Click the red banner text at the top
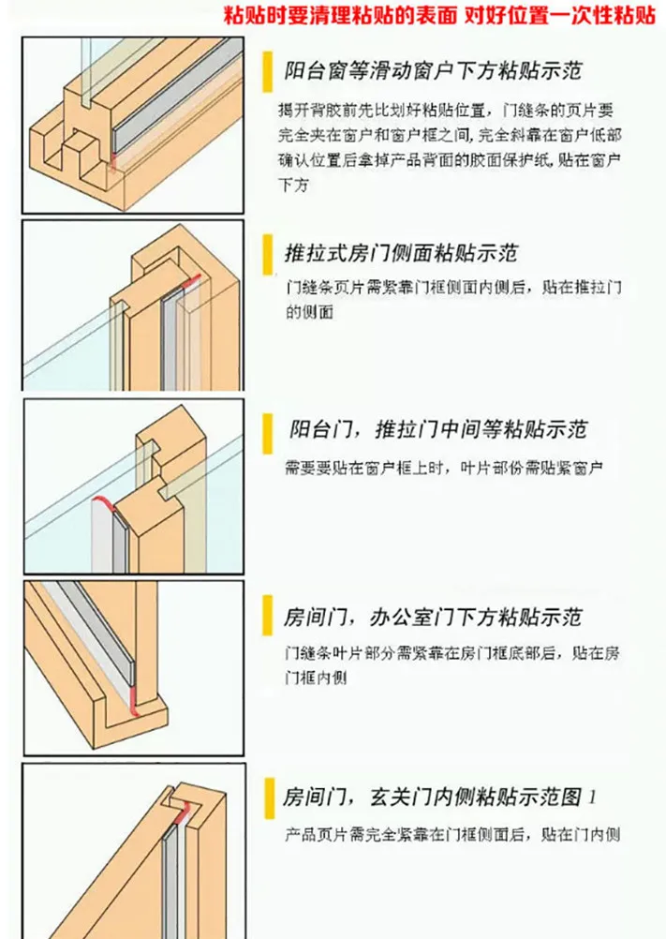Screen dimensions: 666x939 440,14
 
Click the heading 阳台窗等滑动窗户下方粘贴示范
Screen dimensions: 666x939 433,70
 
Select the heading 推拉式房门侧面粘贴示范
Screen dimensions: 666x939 401,253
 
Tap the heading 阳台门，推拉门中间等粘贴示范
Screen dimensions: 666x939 438,429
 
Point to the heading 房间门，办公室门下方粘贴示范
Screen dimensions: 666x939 433,617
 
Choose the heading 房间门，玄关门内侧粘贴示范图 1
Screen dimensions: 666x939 440,797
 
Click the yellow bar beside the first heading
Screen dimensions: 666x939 268,72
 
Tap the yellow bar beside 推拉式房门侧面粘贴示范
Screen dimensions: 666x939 268,255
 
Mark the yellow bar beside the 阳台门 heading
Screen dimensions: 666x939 268,434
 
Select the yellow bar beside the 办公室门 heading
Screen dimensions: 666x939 268,615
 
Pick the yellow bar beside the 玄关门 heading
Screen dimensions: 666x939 270,798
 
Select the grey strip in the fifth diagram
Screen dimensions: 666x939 171,880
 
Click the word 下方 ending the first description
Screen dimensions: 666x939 293,185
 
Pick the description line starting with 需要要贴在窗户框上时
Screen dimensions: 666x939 443,468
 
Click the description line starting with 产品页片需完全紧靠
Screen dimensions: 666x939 452,834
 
